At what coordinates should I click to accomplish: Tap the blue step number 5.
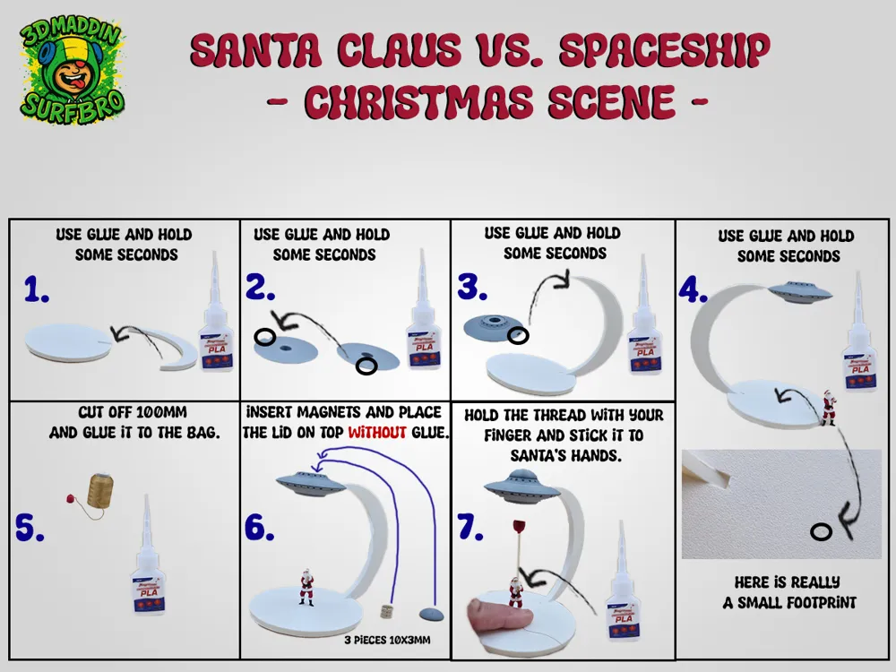coord(30,529)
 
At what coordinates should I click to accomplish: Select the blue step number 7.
coord(471,529)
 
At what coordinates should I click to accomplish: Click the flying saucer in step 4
coord(799,291)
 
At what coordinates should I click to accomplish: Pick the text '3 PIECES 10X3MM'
coord(387,641)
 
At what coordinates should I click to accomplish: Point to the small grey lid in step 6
coord(431,613)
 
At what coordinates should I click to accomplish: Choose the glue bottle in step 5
coord(148,564)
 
